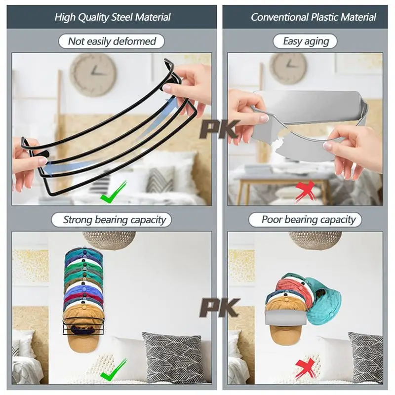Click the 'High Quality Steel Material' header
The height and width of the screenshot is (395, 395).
pos(113,17)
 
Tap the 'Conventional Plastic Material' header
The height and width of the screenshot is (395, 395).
pos(313,17)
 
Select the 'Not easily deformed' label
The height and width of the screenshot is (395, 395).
pos(112,41)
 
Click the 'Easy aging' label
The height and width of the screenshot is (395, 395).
pos(306,41)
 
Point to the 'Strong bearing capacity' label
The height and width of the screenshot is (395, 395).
pos(114,220)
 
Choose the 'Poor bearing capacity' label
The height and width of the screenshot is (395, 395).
pos(309,220)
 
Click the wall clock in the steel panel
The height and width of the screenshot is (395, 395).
pos(92,75)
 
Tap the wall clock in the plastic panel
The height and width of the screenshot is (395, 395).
pos(288,68)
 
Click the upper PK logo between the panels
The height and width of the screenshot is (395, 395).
pos(219,129)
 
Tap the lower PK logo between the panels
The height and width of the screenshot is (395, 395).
pos(219,308)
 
